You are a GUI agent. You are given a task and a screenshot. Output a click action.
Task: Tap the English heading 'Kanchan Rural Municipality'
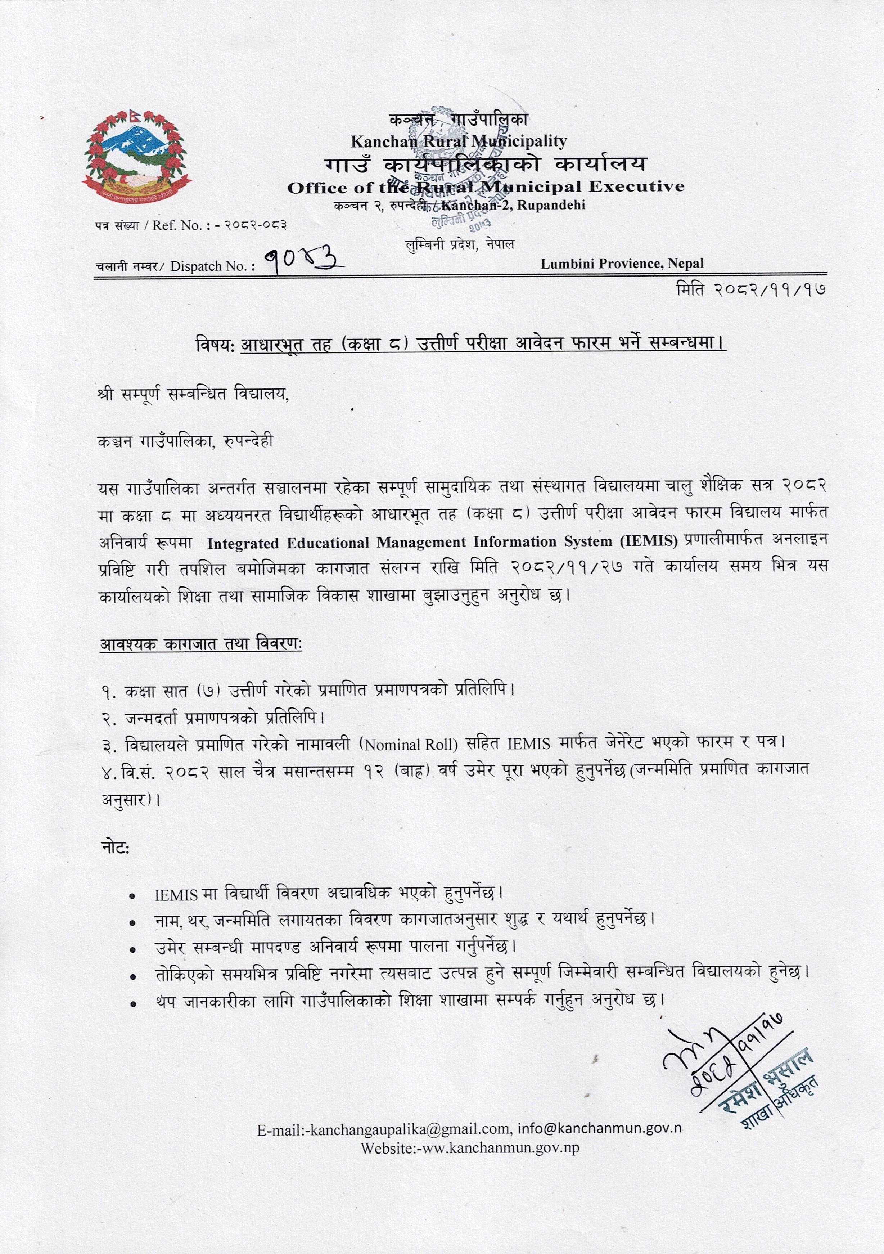pos(459,141)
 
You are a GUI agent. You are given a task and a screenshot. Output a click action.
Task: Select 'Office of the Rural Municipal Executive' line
pos(486,187)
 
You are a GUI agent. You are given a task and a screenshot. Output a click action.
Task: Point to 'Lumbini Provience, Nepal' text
pos(622,264)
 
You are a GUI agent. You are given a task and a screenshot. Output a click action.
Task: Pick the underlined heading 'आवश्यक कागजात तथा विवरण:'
pos(201,644)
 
